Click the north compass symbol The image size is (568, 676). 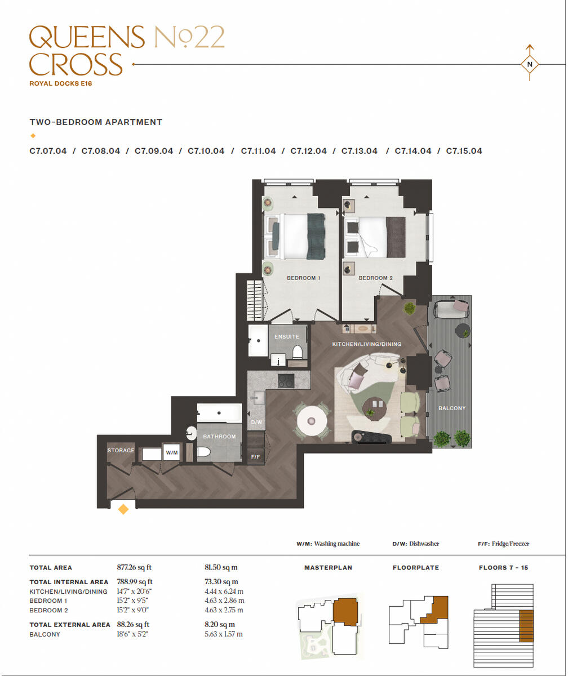[529, 64]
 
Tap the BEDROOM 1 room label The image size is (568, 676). [303, 278]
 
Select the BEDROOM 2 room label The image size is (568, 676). [375, 278]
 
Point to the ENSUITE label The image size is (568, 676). [287, 337]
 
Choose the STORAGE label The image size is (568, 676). [121, 451]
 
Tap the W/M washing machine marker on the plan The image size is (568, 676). [171, 452]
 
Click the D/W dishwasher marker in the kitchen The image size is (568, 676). [256, 422]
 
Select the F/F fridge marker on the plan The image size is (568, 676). [255, 456]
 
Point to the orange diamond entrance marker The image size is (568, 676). [123, 509]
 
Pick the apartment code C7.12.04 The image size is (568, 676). [308, 151]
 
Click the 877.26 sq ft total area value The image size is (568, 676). [134, 568]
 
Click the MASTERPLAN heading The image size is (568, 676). [328, 568]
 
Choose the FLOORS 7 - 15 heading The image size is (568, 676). [503, 568]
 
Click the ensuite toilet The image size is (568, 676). [298, 353]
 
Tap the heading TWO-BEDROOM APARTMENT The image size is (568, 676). [96, 122]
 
